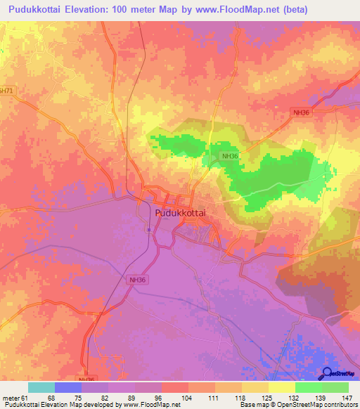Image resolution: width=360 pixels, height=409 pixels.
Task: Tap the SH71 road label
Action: click(6, 91)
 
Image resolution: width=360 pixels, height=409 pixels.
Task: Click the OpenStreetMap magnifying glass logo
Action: click(328, 374)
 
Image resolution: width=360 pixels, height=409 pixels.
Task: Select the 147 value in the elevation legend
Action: click(347, 398)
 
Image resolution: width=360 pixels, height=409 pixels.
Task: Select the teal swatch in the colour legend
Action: click(41, 387)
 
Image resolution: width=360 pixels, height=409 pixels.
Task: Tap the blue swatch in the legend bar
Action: click(68, 387)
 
